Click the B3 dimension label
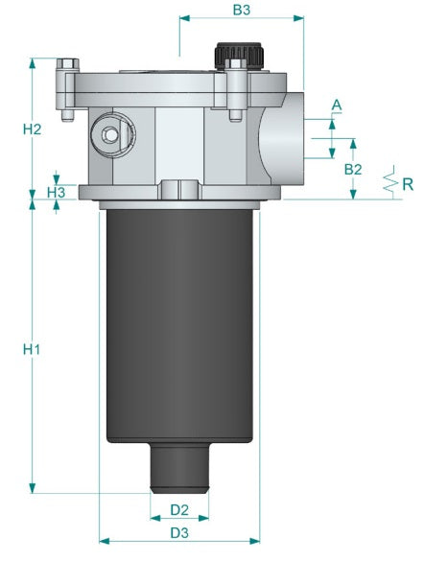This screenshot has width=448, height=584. [242, 11]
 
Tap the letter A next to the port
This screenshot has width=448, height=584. [336, 104]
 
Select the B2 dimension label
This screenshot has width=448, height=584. [352, 168]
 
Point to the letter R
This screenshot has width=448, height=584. [408, 183]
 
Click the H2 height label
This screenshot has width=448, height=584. [33, 128]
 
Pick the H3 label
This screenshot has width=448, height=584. [57, 193]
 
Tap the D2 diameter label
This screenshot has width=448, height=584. [179, 508]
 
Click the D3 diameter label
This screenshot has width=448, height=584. [179, 531]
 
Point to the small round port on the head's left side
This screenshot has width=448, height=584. [106, 132]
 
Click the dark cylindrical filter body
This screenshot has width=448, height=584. [180, 326]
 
